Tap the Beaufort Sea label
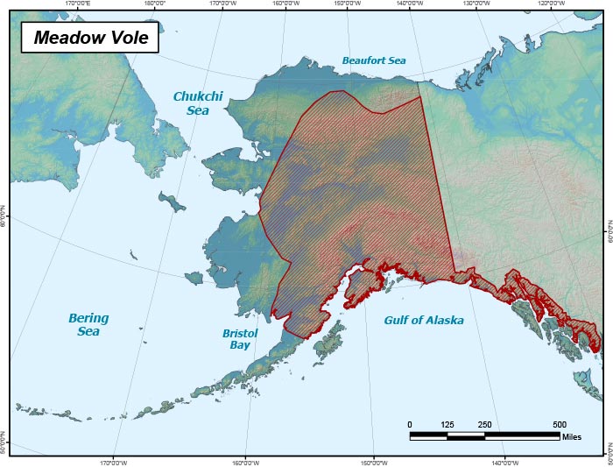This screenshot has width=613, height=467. tap(374, 61)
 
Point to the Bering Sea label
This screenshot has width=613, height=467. tap(88, 324)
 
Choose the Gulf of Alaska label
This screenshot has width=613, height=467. tap(424, 321)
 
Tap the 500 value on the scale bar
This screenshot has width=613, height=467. tap(560, 424)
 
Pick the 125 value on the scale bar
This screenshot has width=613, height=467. tap(447, 424)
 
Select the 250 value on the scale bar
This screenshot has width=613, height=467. tap(485, 424)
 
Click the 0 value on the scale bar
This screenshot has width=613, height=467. tap(410, 424)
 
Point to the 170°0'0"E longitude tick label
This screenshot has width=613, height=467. tap(82, 4)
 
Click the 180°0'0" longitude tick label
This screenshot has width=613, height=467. tap(154, 4)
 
